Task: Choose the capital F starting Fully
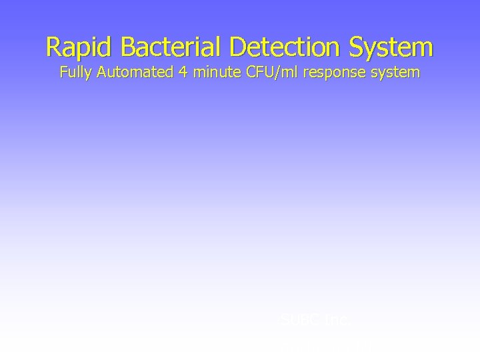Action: pos(63,73)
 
